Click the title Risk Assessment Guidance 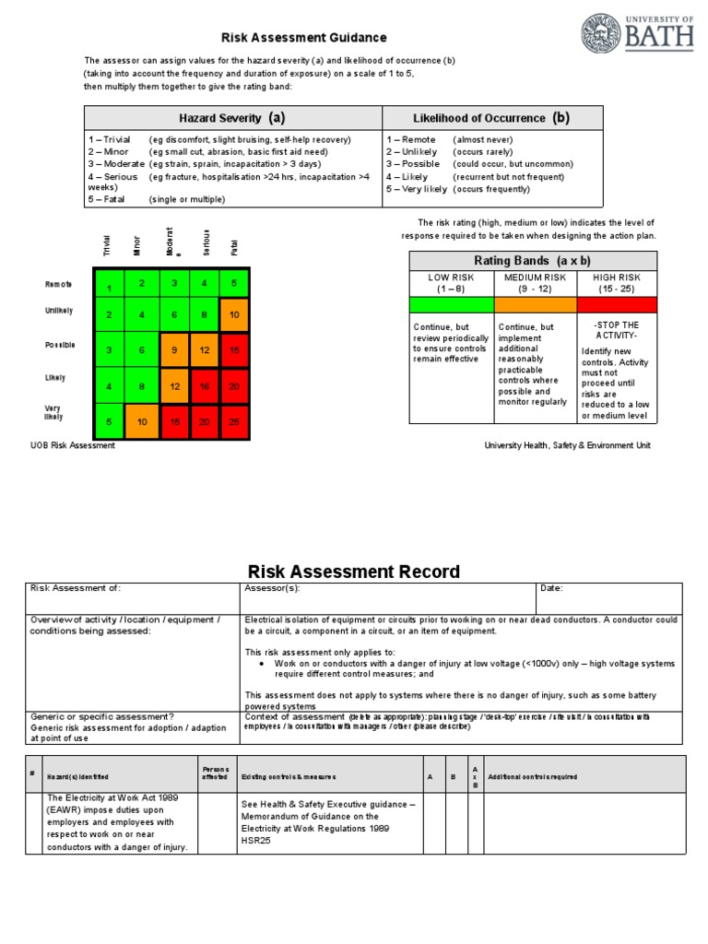pyautogui.click(x=303, y=38)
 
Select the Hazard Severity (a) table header pyautogui.click(x=232, y=118)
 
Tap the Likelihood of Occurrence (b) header pyautogui.click(x=492, y=118)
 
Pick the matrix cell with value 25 pyautogui.click(x=234, y=421)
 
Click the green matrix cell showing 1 pyautogui.click(x=109, y=287)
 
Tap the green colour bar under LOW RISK pyautogui.click(x=452, y=304)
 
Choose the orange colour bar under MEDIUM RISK pyautogui.click(x=535, y=304)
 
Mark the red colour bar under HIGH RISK pyautogui.click(x=617, y=304)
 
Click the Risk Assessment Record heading pyautogui.click(x=354, y=572)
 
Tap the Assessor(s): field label pyautogui.click(x=273, y=588)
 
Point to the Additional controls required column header pyautogui.click(x=532, y=777)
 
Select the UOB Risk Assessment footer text pyautogui.click(x=73, y=445)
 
